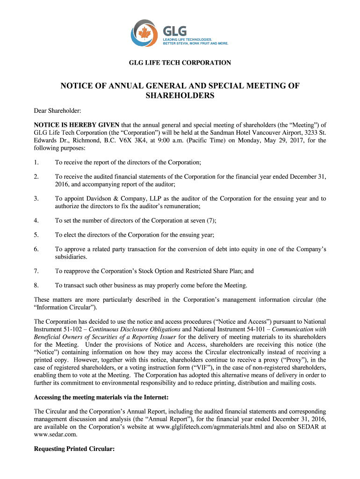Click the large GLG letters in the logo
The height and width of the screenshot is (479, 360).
174,31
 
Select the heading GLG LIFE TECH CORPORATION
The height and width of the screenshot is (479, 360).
180,63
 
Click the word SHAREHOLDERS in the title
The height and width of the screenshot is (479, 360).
180,96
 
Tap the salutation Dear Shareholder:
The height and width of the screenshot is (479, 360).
58,111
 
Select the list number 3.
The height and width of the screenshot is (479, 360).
36,199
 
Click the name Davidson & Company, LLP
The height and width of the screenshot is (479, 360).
114,199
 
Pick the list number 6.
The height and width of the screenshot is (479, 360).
36,249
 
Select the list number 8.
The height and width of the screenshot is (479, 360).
36,285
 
